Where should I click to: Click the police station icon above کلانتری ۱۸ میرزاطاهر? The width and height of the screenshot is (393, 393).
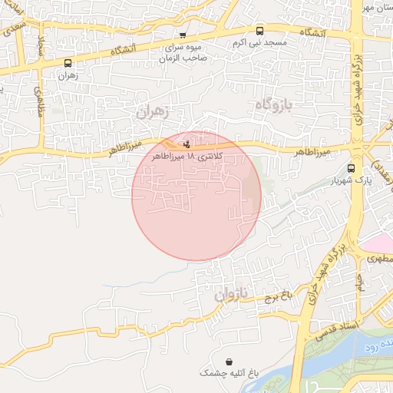pos(187,144)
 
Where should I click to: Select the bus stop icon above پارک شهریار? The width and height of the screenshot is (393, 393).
pos(352,168)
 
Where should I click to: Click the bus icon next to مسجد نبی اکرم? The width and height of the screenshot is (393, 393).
pos(259,31)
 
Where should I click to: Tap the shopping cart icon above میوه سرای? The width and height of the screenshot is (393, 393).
pos(182,35)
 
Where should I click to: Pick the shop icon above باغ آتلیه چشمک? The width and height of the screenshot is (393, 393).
pos(230,362)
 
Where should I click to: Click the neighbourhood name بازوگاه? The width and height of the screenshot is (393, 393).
pos(272,104)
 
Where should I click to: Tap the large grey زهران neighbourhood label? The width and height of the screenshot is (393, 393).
pos(151,111)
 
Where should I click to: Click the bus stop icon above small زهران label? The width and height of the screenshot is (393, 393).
pos(68,64)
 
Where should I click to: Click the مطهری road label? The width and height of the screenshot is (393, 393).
pos(378,259)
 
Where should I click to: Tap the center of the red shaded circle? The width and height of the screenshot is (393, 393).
pos(196,196)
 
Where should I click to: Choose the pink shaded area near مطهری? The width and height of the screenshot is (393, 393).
pos(377,244)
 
